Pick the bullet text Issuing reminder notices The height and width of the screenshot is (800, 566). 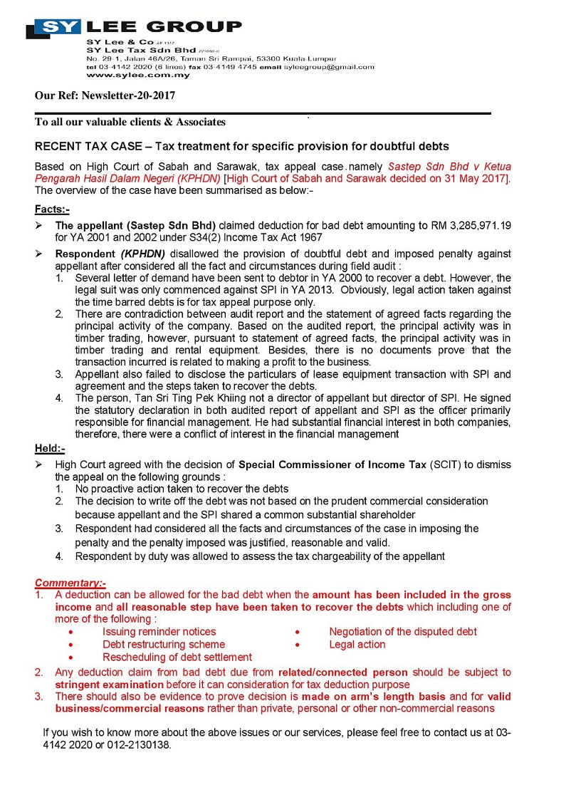tap(159, 632)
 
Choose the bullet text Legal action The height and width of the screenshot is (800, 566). tap(357, 645)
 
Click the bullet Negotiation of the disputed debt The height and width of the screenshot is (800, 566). tap(402, 632)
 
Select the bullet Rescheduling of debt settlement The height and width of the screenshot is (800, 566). tap(177, 658)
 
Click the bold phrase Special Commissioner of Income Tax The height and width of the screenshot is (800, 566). tap(331, 464)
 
